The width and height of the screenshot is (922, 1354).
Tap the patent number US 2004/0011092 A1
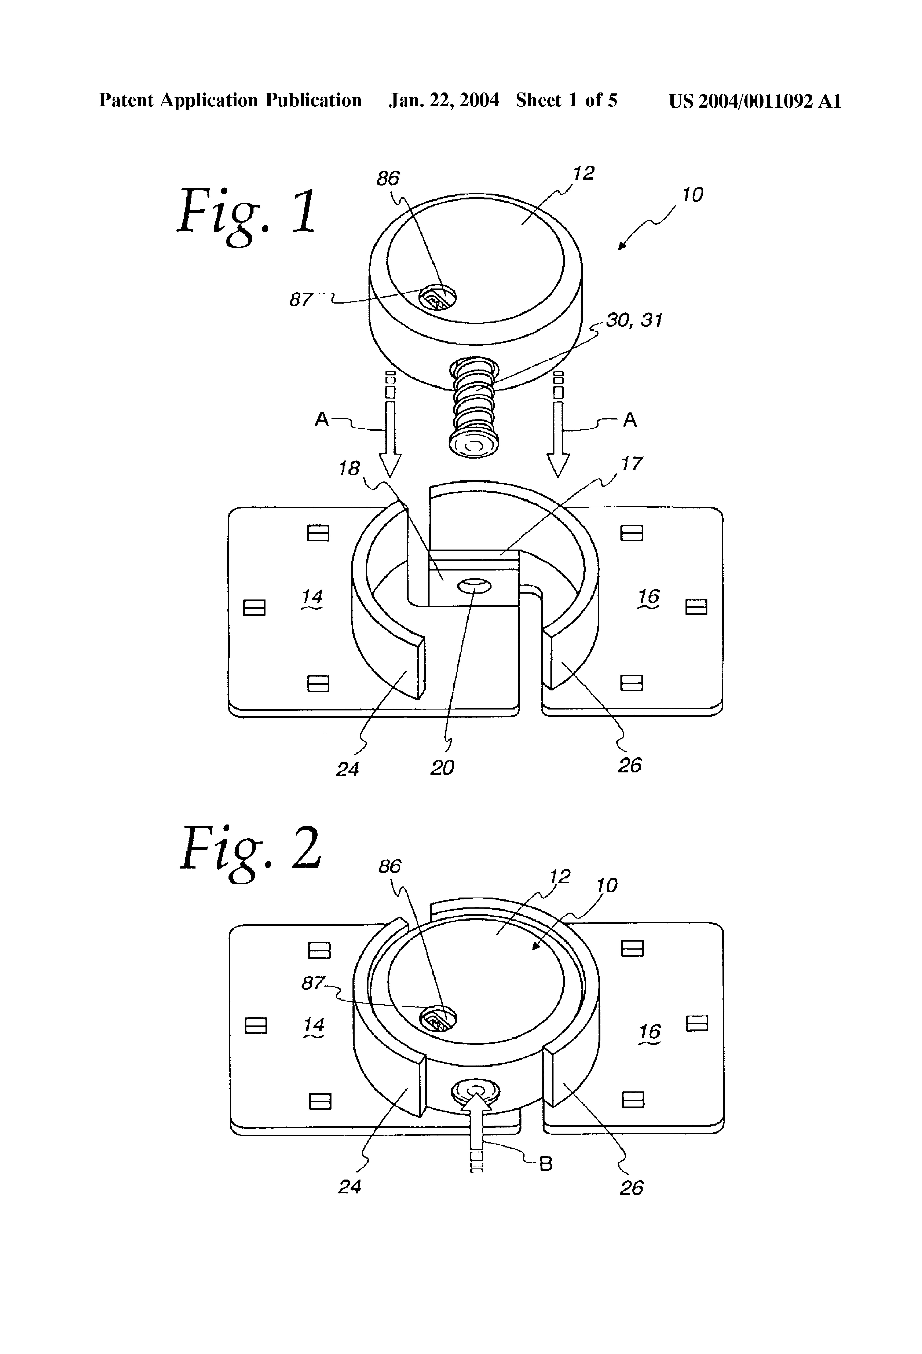coord(755,101)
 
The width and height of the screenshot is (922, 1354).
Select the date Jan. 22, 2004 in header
coord(444,101)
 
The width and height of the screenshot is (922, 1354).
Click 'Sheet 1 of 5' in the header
coord(566,101)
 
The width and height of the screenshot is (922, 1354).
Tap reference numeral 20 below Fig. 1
coord(442,768)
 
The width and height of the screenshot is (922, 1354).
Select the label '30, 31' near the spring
coord(634,320)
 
